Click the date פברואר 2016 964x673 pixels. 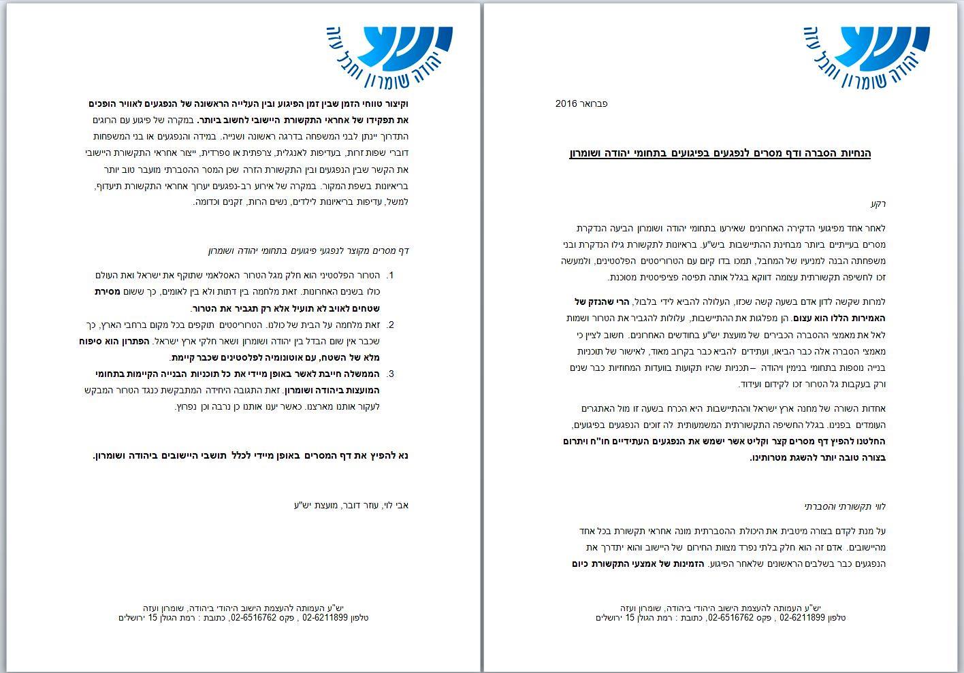click(581, 104)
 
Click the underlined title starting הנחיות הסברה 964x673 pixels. click(720, 153)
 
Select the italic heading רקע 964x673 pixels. click(878, 203)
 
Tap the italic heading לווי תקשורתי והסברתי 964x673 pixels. click(845, 506)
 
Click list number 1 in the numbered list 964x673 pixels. click(390, 276)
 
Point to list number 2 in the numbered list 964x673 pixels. click(390, 325)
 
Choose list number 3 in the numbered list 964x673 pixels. click(390, 374)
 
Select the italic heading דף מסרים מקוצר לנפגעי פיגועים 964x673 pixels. click(308, 251)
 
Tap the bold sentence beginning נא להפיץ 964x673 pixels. click(250, 455)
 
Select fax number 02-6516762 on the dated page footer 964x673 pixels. click(730, 618)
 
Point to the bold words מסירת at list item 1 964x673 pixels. click(108, 292)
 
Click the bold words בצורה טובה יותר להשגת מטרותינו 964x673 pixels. click(817, 457)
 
